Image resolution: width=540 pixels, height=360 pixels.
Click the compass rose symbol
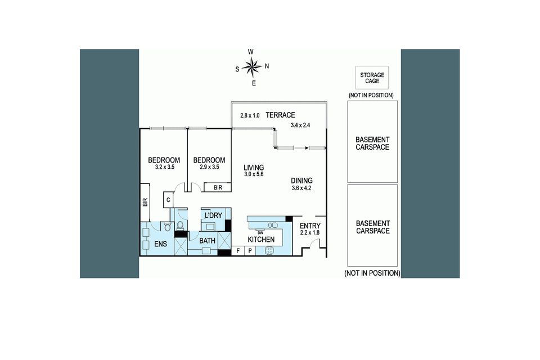tap(253, 67)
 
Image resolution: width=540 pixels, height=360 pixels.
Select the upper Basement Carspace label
tap(372, 143)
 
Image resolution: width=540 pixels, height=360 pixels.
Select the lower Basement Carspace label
tap(372, 227)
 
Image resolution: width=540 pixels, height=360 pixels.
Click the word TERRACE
tap(280, 115)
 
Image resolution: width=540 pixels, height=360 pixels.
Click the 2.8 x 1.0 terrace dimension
tap(250, 115)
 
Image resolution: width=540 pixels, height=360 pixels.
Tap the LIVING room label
tap(254, 168)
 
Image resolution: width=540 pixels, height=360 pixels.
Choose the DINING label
tap(301, 181)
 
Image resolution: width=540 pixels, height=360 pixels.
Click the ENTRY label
tap(310, 226)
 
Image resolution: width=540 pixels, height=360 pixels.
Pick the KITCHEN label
tap(262, 240)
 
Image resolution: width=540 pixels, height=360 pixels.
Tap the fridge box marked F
tap(238, 251)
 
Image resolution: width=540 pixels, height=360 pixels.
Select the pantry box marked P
tap(250, 251)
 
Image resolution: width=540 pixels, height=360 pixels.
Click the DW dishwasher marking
tap(260, 232)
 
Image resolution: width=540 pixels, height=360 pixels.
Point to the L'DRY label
tap(213, 216)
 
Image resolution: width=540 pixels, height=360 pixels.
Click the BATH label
tap(208, 241)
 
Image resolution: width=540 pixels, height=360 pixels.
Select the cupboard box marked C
tap(168, 200)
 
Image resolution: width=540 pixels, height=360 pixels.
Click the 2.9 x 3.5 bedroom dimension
tap(209, 167)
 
